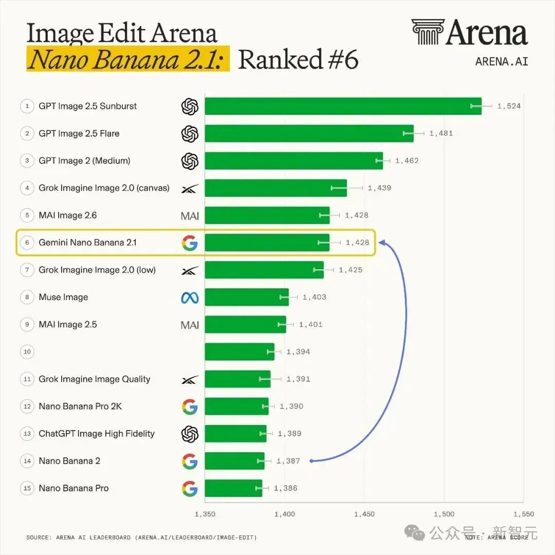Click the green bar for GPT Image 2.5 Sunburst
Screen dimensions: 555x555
coord(343,106)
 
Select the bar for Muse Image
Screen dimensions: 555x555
coord(247,297)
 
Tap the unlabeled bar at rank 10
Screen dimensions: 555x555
coord(239,352)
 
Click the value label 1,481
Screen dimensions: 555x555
coord(441,134)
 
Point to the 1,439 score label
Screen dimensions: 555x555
coord(379,188)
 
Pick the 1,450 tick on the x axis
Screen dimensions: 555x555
coord(364,514)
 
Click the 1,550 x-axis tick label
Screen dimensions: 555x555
coord(524,514)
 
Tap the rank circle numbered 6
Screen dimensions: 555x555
coord(27,243)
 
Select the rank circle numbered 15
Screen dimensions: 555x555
coord(27,488)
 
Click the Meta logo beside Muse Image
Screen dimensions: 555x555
coord(190,298)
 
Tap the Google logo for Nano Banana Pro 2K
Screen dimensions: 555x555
coord(190,406)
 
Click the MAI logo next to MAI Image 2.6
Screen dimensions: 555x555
coord(190,216)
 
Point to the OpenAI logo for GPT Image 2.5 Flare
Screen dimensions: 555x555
coord(190,134)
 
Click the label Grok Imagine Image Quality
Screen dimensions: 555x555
coord(95,379)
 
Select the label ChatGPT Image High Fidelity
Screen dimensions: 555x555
coord(97,434)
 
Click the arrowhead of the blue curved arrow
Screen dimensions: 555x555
coord(381,243)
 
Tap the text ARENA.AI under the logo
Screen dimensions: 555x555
coord(502,62)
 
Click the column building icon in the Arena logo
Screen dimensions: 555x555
coord(428,32)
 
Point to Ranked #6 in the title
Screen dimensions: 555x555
coord(299,59)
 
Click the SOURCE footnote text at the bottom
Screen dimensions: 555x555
coord(142,538)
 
